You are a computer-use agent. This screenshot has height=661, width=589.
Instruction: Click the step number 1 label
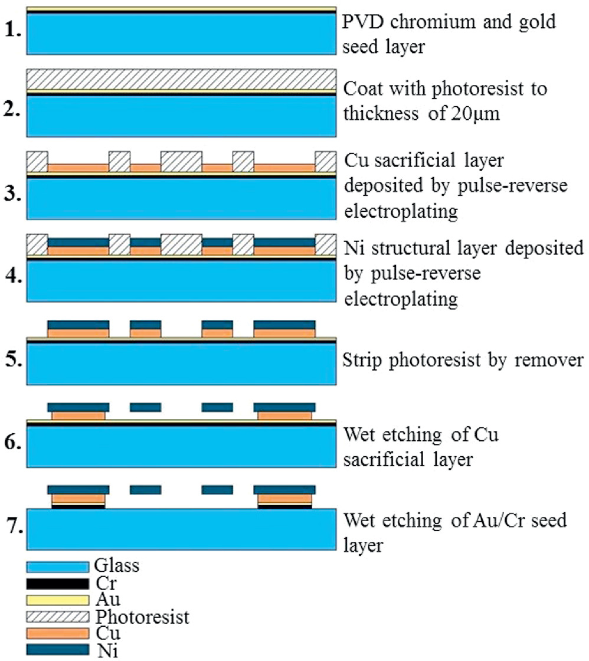(12, 28)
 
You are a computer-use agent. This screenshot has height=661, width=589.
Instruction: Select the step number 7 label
(12, 524)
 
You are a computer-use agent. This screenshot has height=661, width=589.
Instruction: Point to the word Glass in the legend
(116, 567)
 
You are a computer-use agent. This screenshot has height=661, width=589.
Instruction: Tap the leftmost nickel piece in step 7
(78, 489)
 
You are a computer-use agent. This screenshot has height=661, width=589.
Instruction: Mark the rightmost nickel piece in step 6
(284, 407)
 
